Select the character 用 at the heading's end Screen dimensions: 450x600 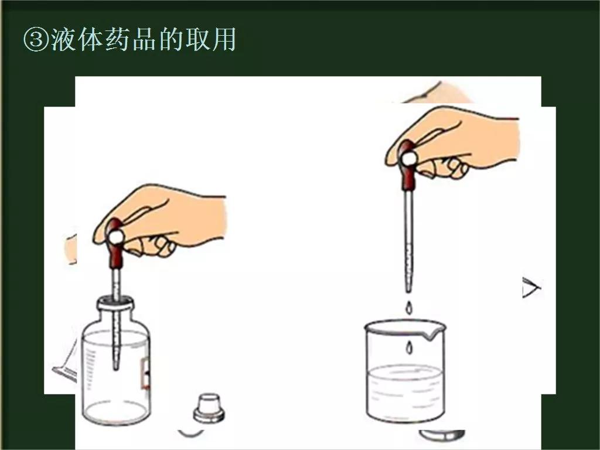pyautogui.click(x=224, y=40)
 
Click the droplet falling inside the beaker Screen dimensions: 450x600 pyautogui.click(x=409, y=347)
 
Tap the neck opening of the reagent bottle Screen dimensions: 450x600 pyautogui.click(x=115, y=302)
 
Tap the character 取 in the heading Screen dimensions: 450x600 pyautogui.click(x=197, y=40)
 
